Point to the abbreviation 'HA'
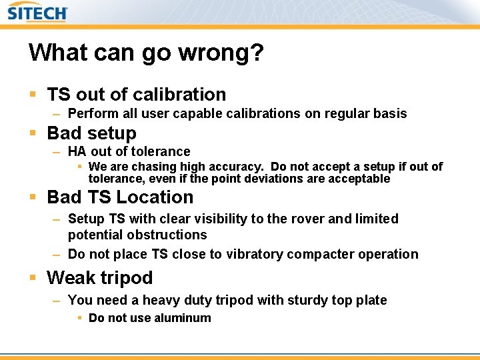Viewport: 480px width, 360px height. (x=77, y=152)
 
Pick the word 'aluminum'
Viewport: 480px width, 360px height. (x=182, y=319)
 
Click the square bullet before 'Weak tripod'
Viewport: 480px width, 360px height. (x=33, y=277)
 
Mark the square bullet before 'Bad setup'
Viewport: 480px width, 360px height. (x=33, y=133)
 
